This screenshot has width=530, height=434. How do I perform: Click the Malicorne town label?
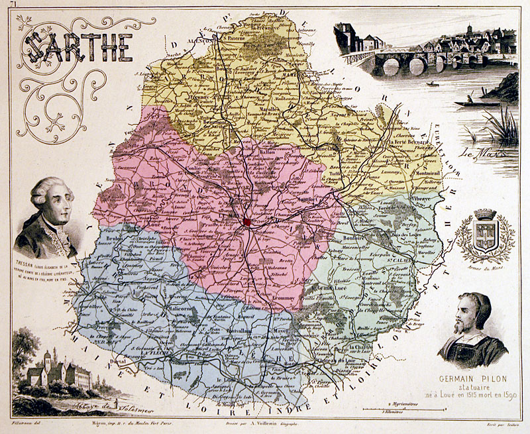162,307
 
